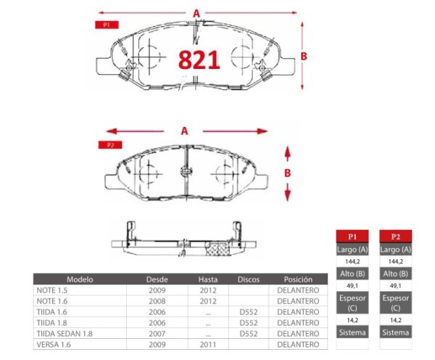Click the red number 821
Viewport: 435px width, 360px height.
pos(199,60)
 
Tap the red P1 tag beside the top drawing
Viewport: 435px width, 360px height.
pos(107,25)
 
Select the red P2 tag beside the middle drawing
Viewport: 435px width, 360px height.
pos(110,144)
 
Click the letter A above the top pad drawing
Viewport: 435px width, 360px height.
pos(196,13)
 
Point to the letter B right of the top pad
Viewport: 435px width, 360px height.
pos(304,57)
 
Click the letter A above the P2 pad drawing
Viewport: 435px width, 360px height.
pos(184,131)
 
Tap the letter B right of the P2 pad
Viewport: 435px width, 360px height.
pos(287,173)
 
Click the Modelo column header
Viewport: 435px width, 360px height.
pos(80,279)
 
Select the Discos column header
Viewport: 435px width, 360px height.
pos(249,279)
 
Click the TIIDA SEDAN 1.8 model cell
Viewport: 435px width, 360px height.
pos(65,334)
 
